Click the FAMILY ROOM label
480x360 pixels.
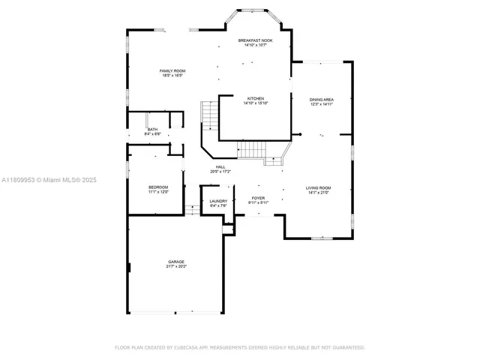click(171, 70)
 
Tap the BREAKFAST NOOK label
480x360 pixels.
click(255, 40)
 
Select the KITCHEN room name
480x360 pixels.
click(255, 98)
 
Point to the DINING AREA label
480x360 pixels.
click(321, 99)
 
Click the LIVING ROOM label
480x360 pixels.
click(318, 187)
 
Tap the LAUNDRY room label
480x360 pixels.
click(218, 200)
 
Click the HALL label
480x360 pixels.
click(220, 166)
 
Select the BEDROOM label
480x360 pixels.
click(157, 187)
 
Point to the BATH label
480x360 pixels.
click(152, 130)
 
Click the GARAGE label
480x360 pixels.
click(175, 262)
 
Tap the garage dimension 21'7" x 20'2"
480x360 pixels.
click(175, 267)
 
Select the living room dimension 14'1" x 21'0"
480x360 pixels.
click(318, 193)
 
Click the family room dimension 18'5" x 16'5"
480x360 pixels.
click(171, 76)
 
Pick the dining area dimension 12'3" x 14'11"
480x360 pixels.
click(321, 104)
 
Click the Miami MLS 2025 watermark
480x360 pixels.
click(49, 180)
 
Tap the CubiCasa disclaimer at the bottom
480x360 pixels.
click(239, 347)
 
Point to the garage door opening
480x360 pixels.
click(195, 313)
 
